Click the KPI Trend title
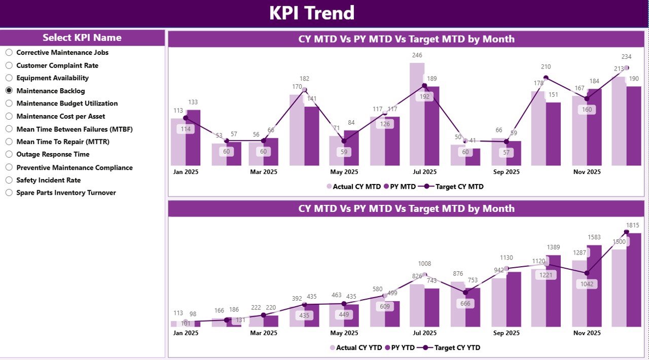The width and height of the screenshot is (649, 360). click(311, 13)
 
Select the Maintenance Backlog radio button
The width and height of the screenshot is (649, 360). click(9, 91)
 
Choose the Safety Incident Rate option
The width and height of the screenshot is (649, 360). click(9, 180)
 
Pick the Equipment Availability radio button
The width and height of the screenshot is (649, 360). click(9, 78)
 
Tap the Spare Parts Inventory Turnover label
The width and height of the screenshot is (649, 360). click(66, 193)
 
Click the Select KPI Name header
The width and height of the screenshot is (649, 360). click(82, 38)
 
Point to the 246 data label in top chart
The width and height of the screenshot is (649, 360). click(417, 55)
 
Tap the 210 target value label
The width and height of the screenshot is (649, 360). click(546, 67)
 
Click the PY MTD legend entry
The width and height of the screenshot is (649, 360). click(400, 187)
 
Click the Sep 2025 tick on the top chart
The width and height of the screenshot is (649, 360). click(506, 172)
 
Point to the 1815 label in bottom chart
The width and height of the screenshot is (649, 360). click(632, 225)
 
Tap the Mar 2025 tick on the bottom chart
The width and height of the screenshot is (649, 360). click(263, 333)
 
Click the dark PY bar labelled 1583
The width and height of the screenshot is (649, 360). click(594, 286)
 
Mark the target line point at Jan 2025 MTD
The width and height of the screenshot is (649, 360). click(186, 118)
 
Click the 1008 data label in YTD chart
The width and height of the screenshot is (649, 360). click(424, 264)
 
